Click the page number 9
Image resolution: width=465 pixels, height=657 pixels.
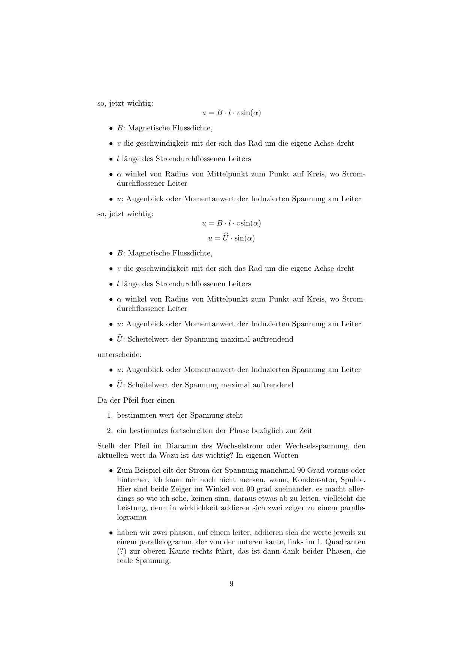point(232,584)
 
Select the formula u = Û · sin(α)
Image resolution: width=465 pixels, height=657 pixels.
point(232,238)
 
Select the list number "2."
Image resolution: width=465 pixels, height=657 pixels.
point(110,431)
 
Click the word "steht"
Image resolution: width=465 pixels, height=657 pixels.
point(234,415)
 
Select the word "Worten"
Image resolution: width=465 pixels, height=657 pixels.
point(286,455)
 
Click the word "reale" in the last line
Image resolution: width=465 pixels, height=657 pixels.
point(125,561)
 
